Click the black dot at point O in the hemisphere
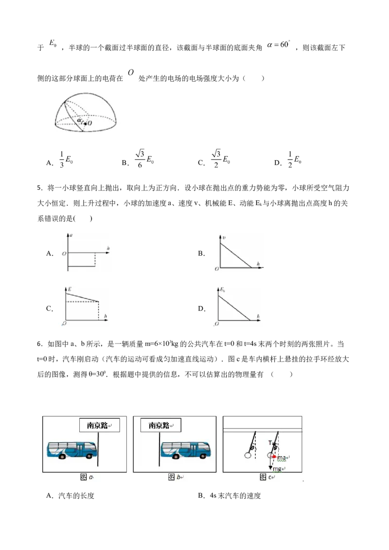tap(85, 123)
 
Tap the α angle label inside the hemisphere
tap(79, 120)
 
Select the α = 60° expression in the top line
tap(279, 45)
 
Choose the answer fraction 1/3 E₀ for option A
tap(66, 159)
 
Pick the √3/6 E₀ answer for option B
tap(144, 159)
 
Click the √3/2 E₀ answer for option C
tap(220, 159)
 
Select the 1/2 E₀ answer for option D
tap(294, 159)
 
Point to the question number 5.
tap(39, 188)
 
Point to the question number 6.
tap(39, 344)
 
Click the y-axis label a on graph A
tap(71, 235)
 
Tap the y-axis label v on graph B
tap(224, 238)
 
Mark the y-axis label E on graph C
tap(70, 290)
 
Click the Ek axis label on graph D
tap(223, 290)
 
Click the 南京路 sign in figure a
tap(99, 425)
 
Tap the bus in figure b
tap(186, 450)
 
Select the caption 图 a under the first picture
tap(87, 477)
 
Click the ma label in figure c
tap(282, 458)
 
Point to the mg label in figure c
tap(277, 469)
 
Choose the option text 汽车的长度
tap(76, 496)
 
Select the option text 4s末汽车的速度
tap(235, 496)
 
